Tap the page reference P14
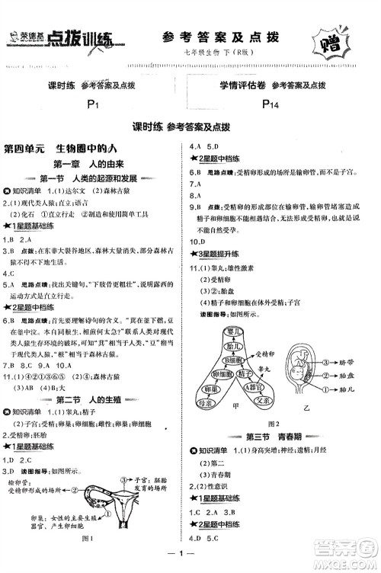coord(268,104)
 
